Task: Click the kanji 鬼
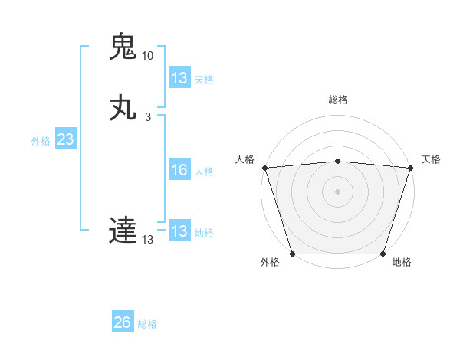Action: click(123, 47)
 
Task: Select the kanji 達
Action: click(123, 230)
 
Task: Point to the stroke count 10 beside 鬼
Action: click(147, 56)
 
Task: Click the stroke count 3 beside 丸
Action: click(147, 117)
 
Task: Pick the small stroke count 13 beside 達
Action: click(147, 240)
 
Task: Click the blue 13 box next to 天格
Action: click(179, 78)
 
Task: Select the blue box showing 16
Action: click(179, 170)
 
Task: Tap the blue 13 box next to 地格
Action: click(179, 231)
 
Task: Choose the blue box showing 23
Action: click(65, 139)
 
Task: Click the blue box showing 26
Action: click(123, 322)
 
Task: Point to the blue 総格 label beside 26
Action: click(147, 324)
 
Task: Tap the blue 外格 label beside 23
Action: click(41, 141)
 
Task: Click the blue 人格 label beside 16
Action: click(204, 172)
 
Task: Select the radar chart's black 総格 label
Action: click(337, 100)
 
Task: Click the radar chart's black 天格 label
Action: click(431, 159)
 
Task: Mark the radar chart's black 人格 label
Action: click(245, 159)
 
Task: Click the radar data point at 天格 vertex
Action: click(410, 168)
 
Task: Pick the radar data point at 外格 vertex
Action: click(293, 253)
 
